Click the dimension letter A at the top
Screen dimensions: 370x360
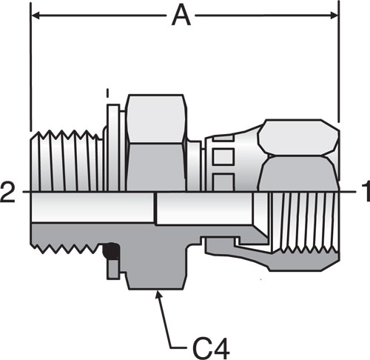click(181, 16)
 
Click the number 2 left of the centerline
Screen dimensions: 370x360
click(7, 192)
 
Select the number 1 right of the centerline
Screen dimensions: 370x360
click(366, 192)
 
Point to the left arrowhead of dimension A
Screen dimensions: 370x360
click(36, 16)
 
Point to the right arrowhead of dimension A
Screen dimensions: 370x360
click(334, 16)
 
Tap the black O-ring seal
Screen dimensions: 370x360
click(110, 251)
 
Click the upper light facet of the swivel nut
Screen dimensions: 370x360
click(298, 137)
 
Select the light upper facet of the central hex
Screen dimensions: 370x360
click(155, 119)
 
